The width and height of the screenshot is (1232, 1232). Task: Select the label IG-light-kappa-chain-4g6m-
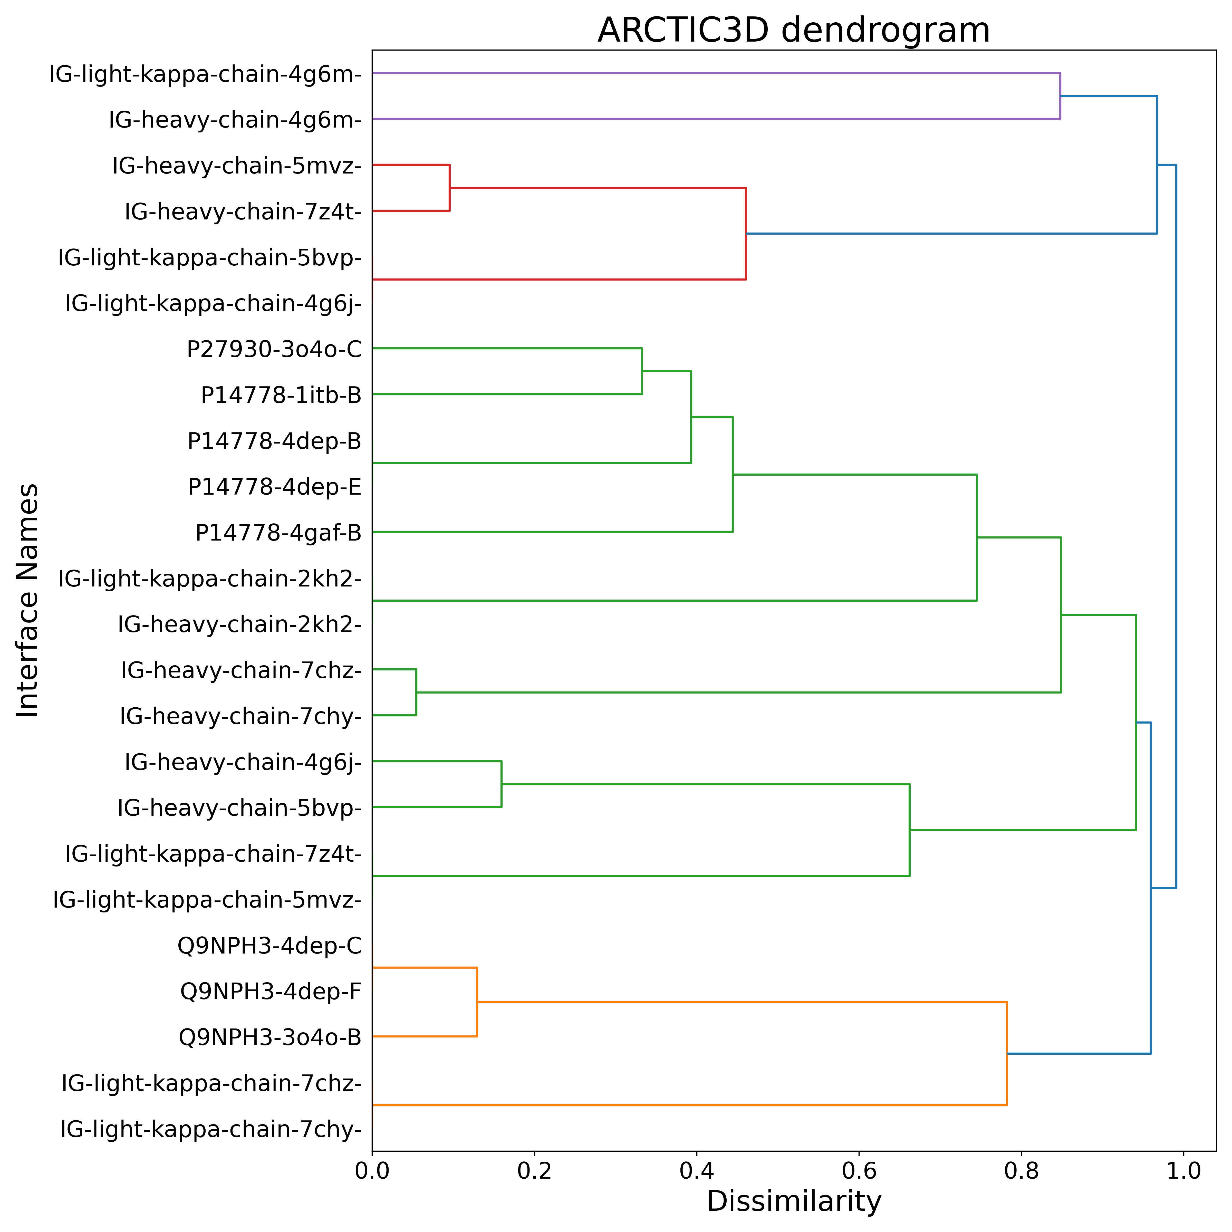pyautogui.click(x=205, y=75)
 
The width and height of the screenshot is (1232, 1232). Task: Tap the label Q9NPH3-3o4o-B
pyautogui.click(x=270, y=1037)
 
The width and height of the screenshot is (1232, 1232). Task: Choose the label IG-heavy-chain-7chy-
pyautogui.click(x=240, y=717)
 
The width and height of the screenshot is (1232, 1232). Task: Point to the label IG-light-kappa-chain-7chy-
pyautogui.click(x=211, y=1129)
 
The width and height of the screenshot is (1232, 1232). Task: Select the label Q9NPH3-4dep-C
pyautogui.click(x=270, y=946)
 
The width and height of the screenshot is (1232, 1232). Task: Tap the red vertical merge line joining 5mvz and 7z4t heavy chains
pyautogui.click(x=450, y=187)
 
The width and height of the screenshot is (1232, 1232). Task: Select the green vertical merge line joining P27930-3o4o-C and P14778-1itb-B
pyautogui.click(x=641, y=371)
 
